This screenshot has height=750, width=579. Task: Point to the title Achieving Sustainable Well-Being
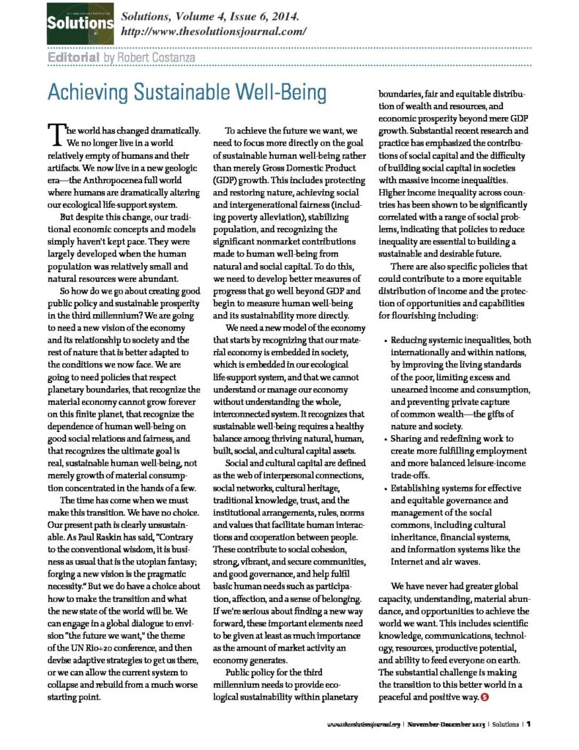pos(165,93)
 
